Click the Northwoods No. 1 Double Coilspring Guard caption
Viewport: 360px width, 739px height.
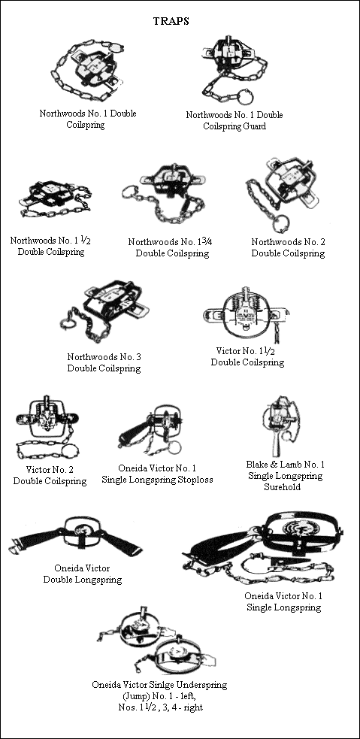click(234, 120)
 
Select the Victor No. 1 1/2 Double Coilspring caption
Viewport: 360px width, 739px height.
click(247, 356)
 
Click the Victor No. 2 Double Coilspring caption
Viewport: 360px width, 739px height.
click(50, 475)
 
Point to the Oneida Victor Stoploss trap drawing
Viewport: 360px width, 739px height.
click(155, 429)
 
